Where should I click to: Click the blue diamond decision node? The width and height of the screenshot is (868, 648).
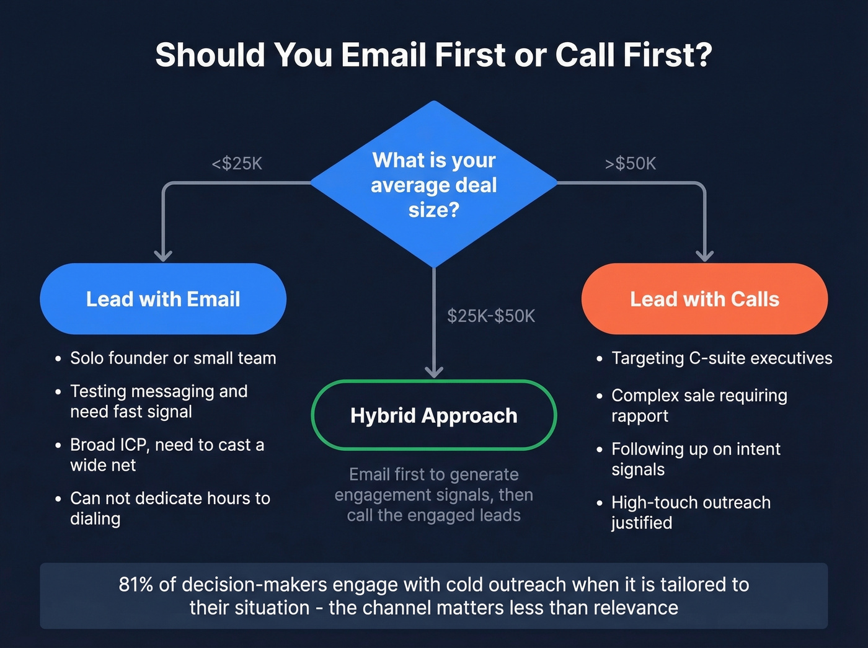click(x=434, y=184)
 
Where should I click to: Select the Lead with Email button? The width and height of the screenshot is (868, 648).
click(x=163, y=299)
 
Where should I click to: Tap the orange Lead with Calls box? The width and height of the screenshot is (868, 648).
click(x=704, y=299)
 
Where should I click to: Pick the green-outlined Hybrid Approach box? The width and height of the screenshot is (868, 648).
click(x=434, y=415)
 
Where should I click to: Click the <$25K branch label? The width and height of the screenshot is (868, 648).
click(x=237, y=164)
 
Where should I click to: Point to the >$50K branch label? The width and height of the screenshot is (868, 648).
click(x=630, y=164)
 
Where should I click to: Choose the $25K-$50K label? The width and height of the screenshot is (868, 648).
click(x=491, y=316)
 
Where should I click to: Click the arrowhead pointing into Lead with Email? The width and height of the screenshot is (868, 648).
click(x=163, y=255)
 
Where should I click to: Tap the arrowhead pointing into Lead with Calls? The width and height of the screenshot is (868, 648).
click(x=704, y=255)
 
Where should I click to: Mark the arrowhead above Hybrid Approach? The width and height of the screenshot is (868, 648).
click(x=434, y=371)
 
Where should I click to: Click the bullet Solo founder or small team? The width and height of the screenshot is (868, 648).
click(x=173, y=358)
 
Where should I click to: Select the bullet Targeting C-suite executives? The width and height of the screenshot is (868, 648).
click(x=722, y=358)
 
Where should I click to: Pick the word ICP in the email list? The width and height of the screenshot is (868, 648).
click(x=132, y=445)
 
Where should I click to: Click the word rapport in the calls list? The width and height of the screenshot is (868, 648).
click(x=640, y=416)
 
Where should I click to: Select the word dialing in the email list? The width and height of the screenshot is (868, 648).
click(x=95, y=519)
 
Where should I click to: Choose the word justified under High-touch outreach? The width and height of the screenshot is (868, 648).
click(x=642, y=523)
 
